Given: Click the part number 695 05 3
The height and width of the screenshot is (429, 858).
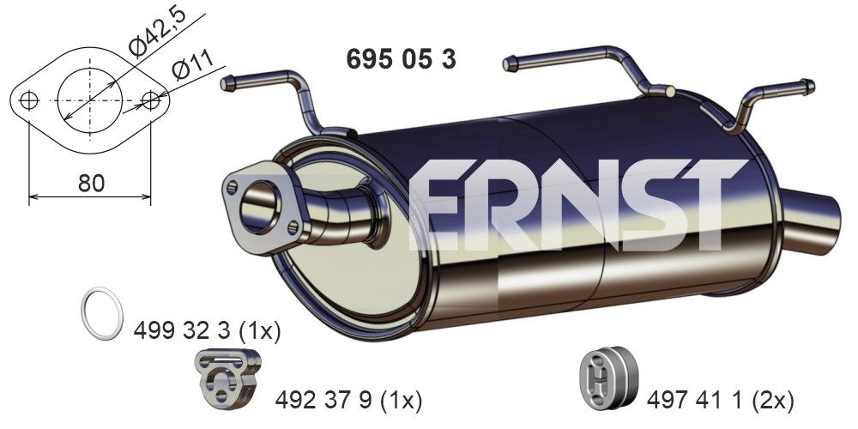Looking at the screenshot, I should coord(400,59).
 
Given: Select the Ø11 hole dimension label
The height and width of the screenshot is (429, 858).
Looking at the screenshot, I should coord(190,68).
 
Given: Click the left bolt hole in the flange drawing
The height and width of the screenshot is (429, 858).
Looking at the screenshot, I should coord(29,100).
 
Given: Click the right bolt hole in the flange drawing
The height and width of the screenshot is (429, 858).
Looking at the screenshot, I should coord(151,100).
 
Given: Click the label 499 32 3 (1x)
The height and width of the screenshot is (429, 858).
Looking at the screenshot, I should coord(208,330).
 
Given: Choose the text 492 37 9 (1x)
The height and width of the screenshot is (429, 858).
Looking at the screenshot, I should coord(349,399).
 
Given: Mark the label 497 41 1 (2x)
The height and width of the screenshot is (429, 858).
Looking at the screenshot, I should coord(720,399).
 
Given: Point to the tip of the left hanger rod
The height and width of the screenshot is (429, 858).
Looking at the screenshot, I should coord(227,83).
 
